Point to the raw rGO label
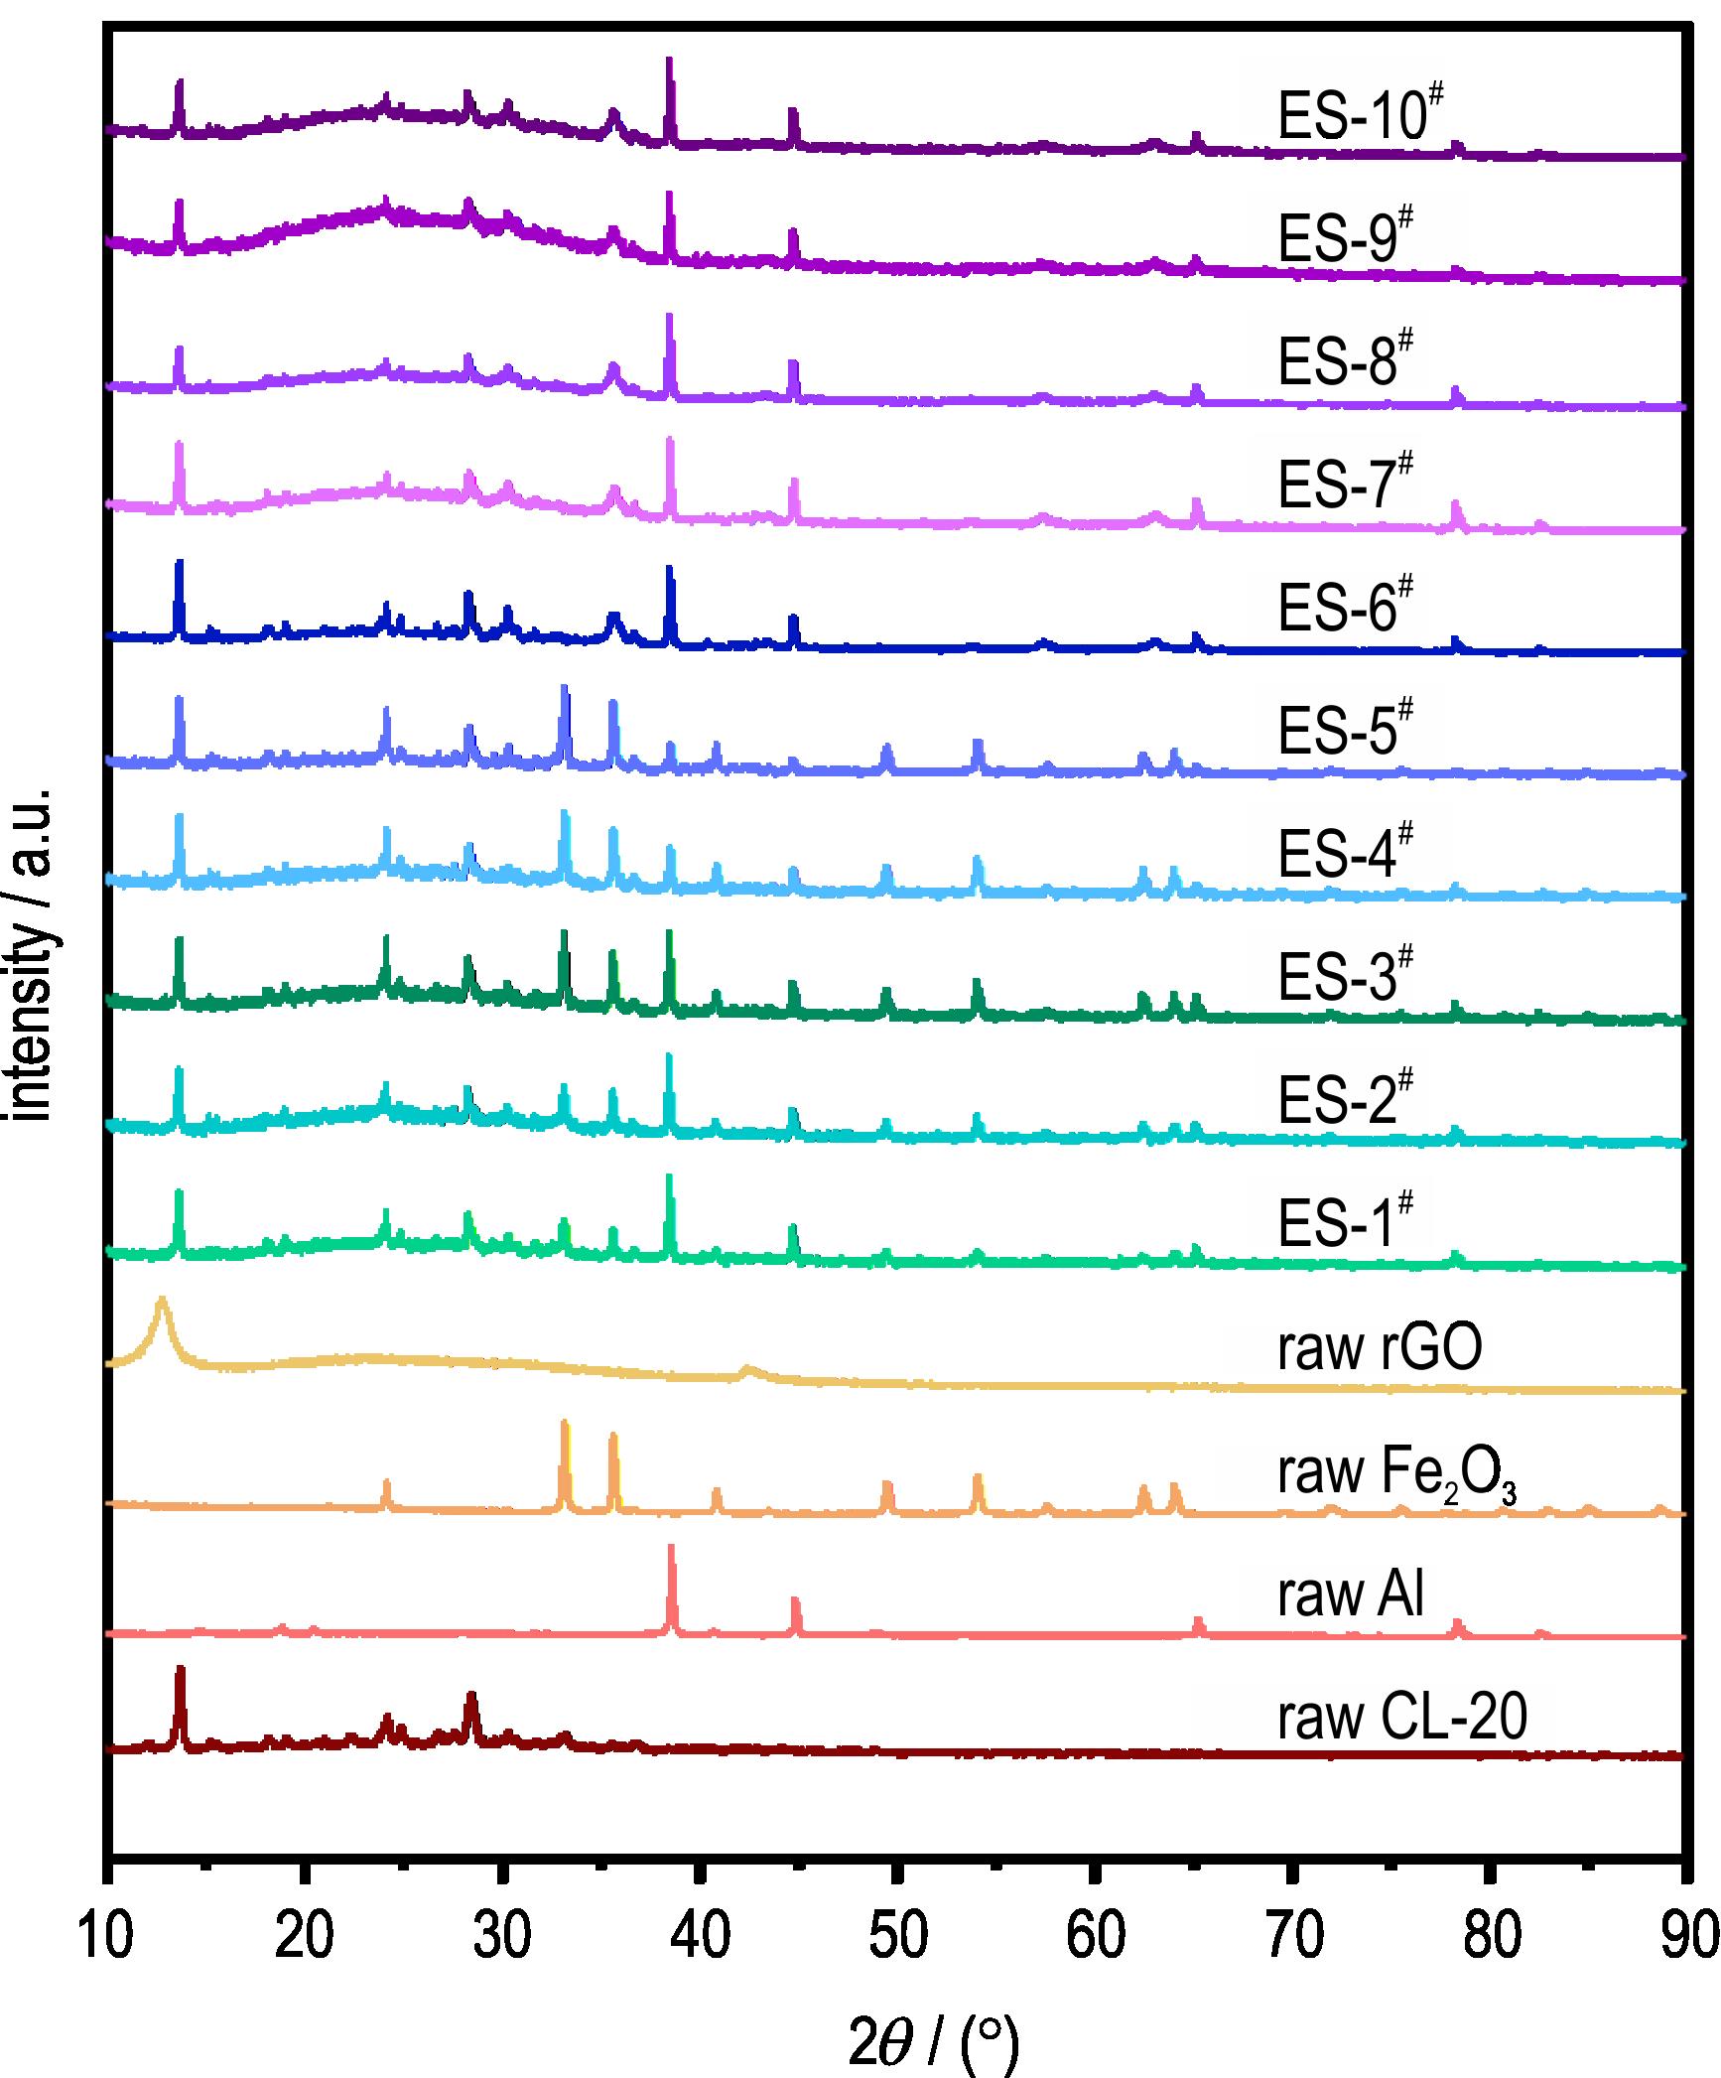[1381, 1347]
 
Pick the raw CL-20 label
[1401, 1717]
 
